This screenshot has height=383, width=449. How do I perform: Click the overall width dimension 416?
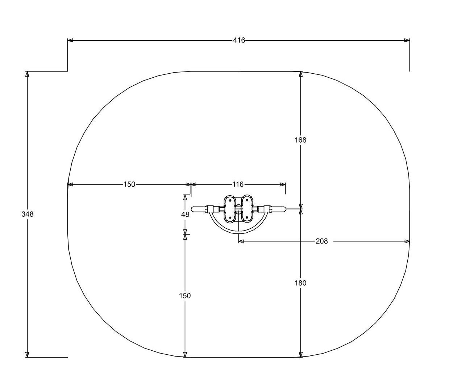(x=239, y=40)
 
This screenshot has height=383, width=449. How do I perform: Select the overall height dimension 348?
(x=28, y=214)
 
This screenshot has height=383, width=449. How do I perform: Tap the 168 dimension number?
(x=300, y=140)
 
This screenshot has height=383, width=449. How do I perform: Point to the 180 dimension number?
(x=300, y=283)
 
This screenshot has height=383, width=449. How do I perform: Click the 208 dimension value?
(x=322, y=241)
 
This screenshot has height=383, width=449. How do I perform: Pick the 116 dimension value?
(x=238, y=184)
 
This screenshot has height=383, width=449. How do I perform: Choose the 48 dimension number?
(x=185, y=215)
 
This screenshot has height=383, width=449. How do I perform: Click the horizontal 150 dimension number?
(x=129, y=184)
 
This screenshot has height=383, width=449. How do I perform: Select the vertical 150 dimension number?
(x=185, y=296)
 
